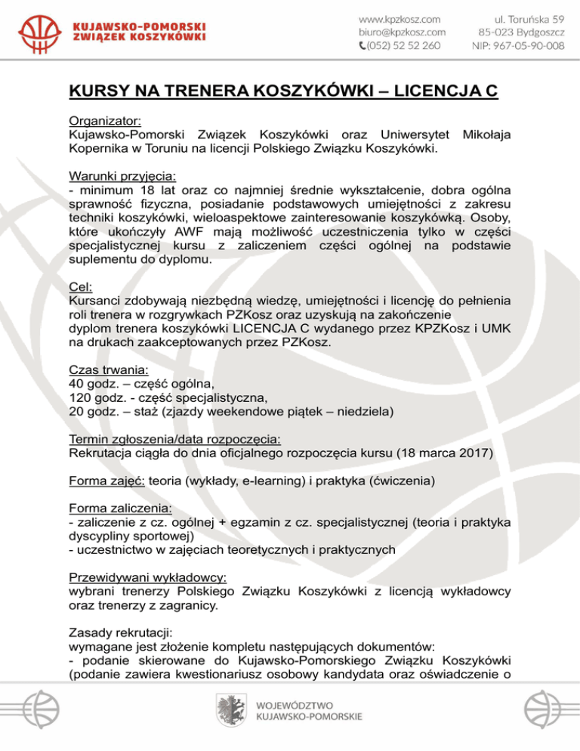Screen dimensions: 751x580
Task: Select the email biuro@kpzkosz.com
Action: point(402,31)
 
